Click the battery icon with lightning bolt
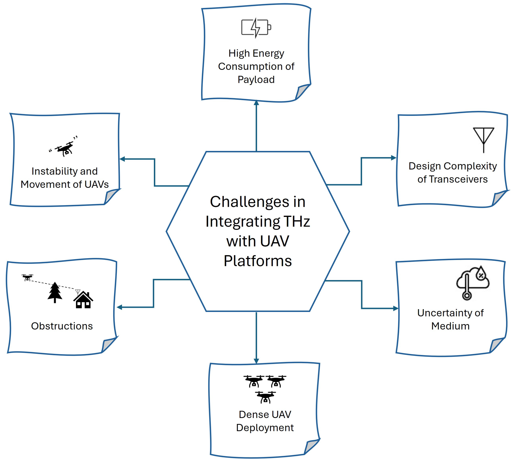[x=256, y=28]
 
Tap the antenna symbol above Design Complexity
[x=483, y=140]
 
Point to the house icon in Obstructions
[x=83, y=300]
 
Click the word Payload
[x=256, y=80]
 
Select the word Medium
[x=450, y=326]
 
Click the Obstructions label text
[x=62, y=326]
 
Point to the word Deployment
[x=265, y=428]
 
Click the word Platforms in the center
[x=258, y=261]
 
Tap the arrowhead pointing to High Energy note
[x=256, y=103]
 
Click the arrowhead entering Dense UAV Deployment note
[x=256, y=361]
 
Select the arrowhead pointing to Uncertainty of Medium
[x=395, y=308]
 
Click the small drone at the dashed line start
[x=27, y=278]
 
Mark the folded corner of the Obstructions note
[x=108, y=345]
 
